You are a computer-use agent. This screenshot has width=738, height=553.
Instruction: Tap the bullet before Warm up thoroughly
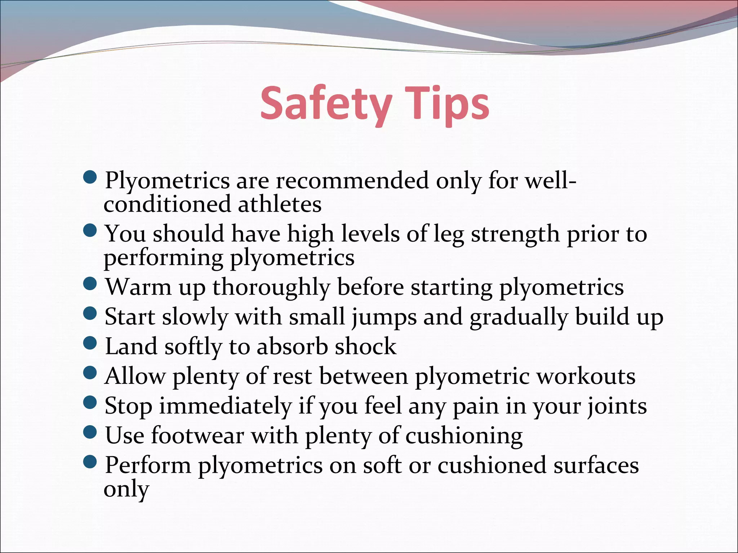pyautogui.click(x=90, y=284)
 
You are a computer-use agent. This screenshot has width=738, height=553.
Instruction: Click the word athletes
pyautogui.click(x=279, y=204)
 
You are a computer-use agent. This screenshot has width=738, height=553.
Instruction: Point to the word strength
pyautogui.click(x=515, y=234)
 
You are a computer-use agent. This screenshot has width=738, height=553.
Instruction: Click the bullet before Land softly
pyautogui.click(x=90, y=343)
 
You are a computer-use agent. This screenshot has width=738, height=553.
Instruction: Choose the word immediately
pyautogui.click(x=225, y=406)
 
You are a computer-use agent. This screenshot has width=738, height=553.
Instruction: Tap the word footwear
pyautogui.click(x=197, y=436)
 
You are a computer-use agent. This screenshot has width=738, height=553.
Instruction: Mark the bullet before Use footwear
pyautogui.click(x=90, y=432)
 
